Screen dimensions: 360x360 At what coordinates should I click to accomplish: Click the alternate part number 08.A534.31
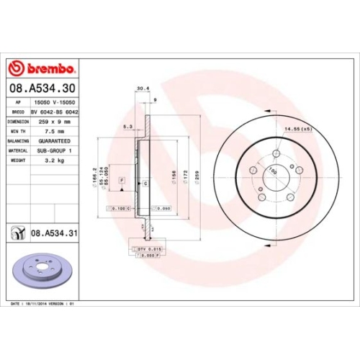click(56, 233)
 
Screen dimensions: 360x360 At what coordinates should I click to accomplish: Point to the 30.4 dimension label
click(143, 90)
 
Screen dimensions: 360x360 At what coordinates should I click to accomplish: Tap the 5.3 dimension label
click(128, 126)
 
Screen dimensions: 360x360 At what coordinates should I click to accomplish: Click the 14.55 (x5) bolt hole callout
click(297, 129)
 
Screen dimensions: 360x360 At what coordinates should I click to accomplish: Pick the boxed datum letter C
click(145, 184)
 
